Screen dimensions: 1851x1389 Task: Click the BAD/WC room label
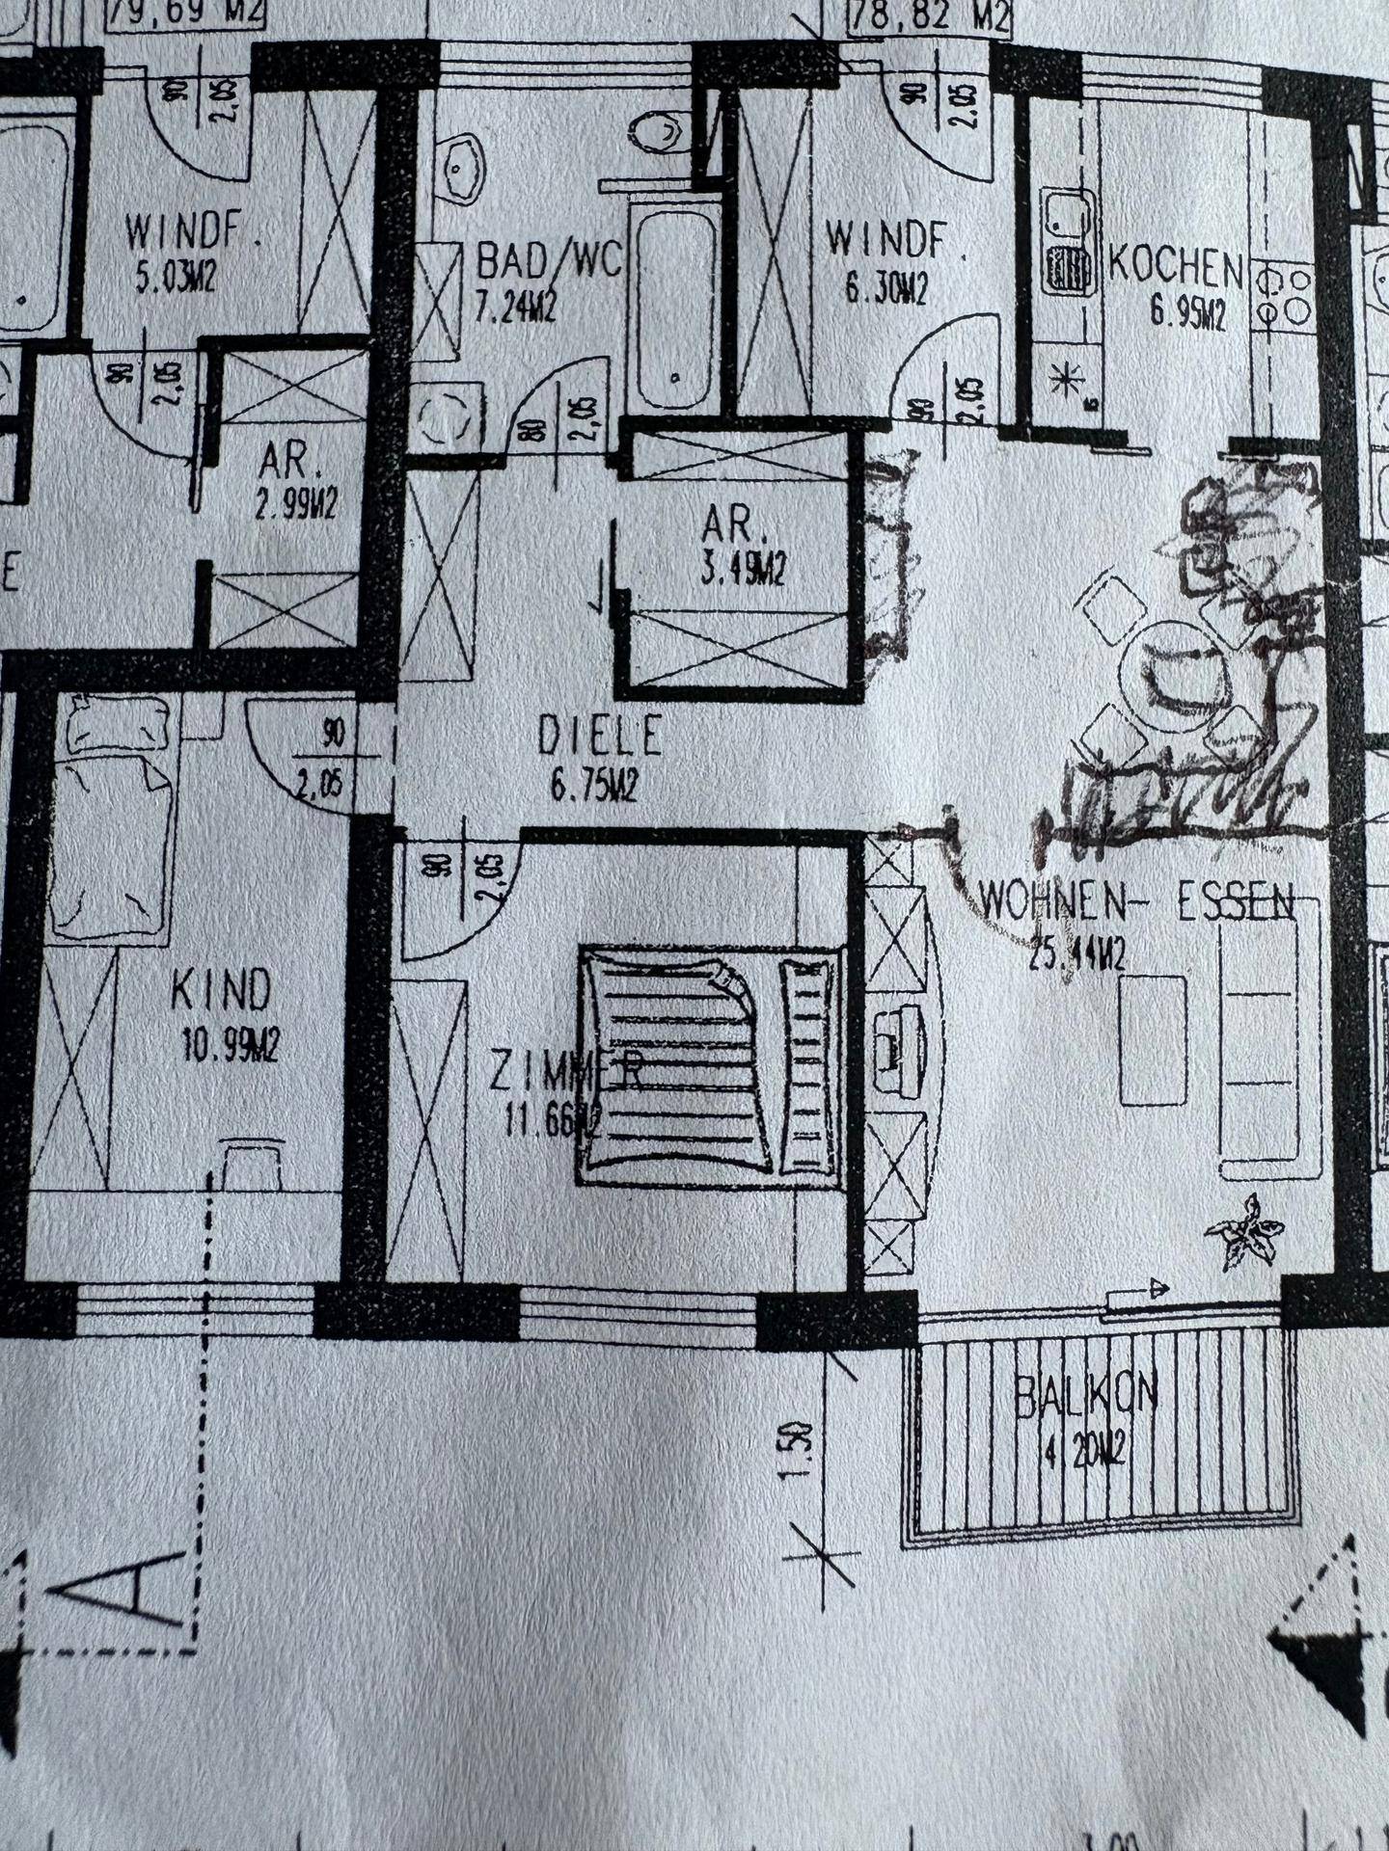coord(550,261)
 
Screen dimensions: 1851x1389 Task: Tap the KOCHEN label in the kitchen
coord(1175,267)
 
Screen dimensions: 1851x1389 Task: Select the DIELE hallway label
coord(600,737)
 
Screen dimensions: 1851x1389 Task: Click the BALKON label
coord(1085,1394)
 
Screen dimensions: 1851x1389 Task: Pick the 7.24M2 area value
coord(516,308)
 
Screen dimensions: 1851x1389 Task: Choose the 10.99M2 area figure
coord(230,1044)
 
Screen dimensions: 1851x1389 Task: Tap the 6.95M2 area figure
coord(1187,315)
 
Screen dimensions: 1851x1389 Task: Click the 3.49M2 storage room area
coord(743,572)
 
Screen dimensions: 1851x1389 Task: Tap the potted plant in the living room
coord(1246,1232)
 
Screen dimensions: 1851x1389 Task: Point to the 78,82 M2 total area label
coord(927,16)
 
